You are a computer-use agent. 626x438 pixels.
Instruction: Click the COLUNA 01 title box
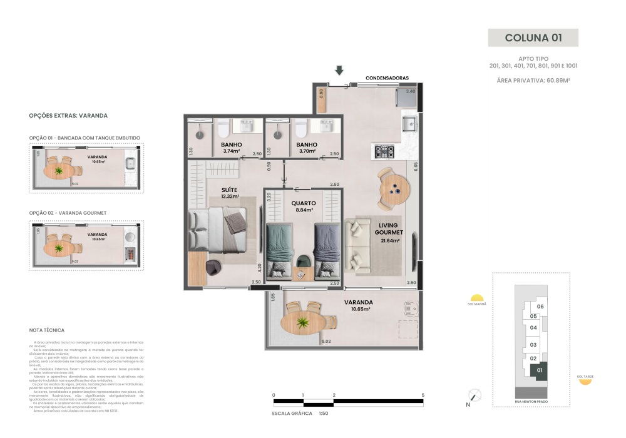(x=533, y=38)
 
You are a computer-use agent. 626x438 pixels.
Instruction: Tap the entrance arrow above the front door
(x=339, y=70)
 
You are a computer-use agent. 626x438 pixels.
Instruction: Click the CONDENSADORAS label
(x=387, y=78)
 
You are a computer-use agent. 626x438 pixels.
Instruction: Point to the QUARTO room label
(x=303, y=203)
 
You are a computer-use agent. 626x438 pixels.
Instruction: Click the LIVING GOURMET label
(x=388, y=229)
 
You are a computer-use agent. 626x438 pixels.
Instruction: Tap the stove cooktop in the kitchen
(x=383, y=151)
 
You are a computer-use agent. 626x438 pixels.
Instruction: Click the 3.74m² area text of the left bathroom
(x=231, y=151)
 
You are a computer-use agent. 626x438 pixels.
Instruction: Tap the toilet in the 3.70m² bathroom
(x=300, y=129)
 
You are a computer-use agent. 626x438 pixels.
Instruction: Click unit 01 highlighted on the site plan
(x=539, y=371)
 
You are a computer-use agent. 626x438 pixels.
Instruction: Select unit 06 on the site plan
(x=540, y=307)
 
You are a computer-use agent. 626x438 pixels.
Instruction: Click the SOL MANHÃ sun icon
(x=477, y=298)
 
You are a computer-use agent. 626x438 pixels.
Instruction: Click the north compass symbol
(x=475, y=395)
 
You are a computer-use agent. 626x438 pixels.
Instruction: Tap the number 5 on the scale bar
(x=423, y=395)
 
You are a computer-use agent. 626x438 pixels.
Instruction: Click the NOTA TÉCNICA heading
(x=46, y=329)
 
